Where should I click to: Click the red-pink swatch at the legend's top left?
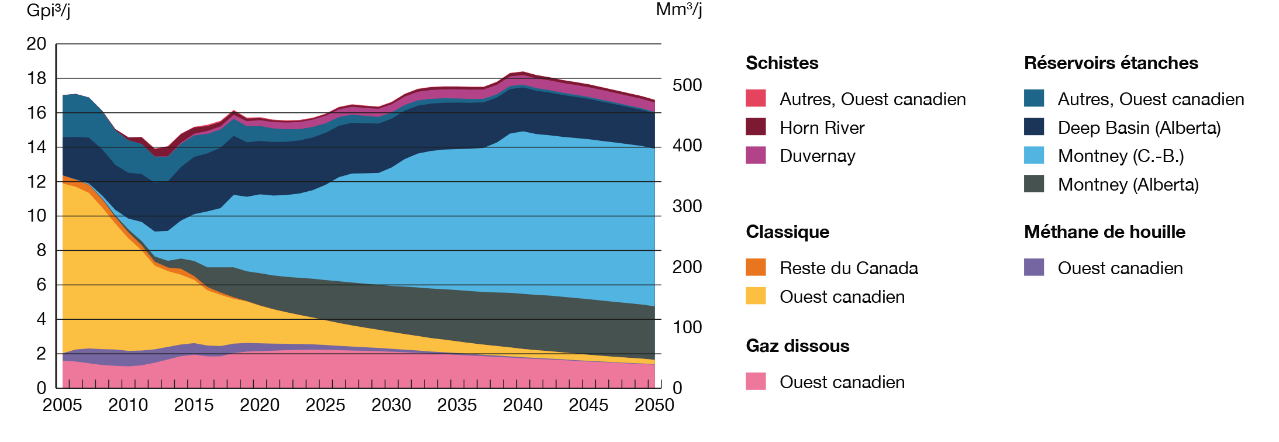pyautogui.click(x=760, y=95)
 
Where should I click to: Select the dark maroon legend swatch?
pyautogui.click(x=760, y=126)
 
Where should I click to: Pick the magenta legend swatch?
pyautogui.click(x=760, y=167)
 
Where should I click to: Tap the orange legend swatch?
pyautogui.click(x=760, y=265)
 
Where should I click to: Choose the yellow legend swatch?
pyautogui.click(x=760, y=301)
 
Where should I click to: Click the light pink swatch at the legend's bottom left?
pyautogui.click(x=760, y=376)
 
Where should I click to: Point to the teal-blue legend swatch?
pyautogui.click(x=1023, y=95)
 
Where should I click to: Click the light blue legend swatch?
pyautogui.click(x=1012, y=155)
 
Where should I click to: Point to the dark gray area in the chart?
pyautogui.click(x=468, y=316)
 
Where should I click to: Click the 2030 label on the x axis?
pyautogui.click(x=391, y=404)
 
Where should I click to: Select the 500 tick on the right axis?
pyautogui.click(x=685, y=85)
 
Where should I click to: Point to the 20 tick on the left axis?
pyautogui.click(x=37, y=44)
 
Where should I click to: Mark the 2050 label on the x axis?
pyautogui.click(x=654, y=404)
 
